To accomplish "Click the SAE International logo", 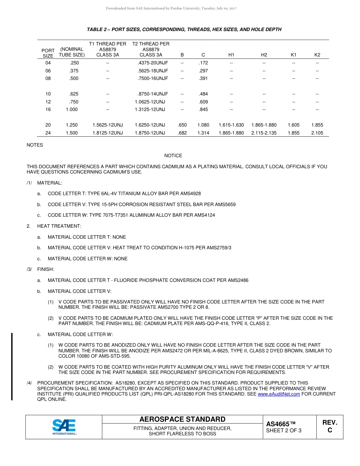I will click(x=64, y=427).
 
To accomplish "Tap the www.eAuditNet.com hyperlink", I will click(x=279, y=394).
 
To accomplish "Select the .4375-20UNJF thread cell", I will click(x=153, y=63).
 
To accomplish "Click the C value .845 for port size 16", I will click(x=203, y=109).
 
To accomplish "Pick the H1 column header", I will click(x=231, y=55).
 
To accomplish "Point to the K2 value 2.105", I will click(x=317, y=133).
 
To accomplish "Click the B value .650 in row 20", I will click(x=182, y=125).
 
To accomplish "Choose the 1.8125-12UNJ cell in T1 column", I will click(x=108, y=133).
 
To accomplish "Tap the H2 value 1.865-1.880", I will click(x=264, y=125).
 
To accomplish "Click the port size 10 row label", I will click(x=48, y=94).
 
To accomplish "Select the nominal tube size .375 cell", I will click(x=74, y=71).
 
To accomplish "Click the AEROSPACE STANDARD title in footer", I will click(x=182, y=419).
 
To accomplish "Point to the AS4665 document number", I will click(x=280, y=424).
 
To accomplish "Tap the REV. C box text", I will click(x=330, y=426).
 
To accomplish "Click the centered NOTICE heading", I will click(x=173, y=156).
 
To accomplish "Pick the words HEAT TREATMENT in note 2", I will click(x=59, y=226).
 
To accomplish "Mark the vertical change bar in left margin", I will click(x=12, y=366).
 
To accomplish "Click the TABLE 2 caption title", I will click(x=184, y=30).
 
